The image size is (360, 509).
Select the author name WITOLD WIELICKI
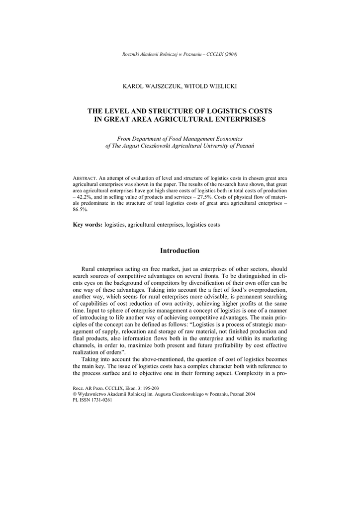(209, 86)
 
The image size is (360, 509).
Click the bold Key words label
(88, 225)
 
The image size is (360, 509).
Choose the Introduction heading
(180, 251)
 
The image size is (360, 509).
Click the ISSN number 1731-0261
(101, 400)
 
